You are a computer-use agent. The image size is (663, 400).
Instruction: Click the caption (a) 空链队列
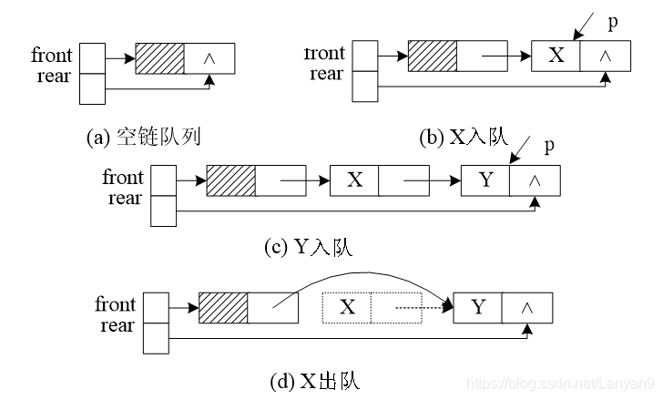[x=142, y=138]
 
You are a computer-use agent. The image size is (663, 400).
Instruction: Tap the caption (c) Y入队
[x=306, y=246]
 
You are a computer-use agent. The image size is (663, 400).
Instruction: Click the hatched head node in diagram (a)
[x=159, y=58]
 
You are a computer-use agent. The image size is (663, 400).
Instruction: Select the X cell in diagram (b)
[x=556, y=56]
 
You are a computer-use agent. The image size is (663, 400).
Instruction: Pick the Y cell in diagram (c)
[x=485, y=180]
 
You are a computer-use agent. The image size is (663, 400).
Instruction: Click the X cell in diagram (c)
[x=354, y=180]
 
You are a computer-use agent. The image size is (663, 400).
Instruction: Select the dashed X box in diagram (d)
[x=347, y=307]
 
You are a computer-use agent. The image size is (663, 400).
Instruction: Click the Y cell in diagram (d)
[x=478, y=307]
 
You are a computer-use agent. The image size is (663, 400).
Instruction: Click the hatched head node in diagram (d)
[x=223, y=307]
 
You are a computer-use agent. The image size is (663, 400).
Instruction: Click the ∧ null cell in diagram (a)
[x=210, y=58]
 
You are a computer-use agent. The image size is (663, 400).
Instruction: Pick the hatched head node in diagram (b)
[x=433, y=56]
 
